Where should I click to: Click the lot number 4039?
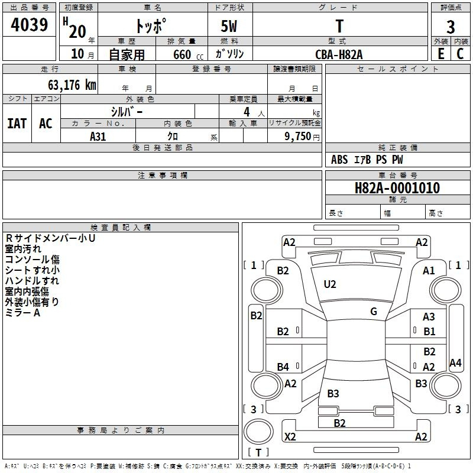(x=29, y=25)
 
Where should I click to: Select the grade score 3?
(x=451, y=27)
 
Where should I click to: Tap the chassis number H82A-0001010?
(x=397, y=188)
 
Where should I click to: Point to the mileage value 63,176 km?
(x=72, y=85)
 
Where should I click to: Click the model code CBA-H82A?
(x=339, y=54)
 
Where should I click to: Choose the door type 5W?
(x=229, y=26)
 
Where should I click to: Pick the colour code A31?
(x=98, y=137)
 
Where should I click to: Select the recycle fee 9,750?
(x=297, y=137)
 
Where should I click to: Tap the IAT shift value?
(x=17, y=124)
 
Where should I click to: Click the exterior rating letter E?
(x=441, y=54)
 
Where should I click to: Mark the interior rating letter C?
(x=460, y=54)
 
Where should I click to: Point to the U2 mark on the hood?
(x=330, y=284)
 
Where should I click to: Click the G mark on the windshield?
(x=374, y=312)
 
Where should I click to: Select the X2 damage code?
(x=290, y=437)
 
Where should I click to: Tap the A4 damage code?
(x=455, y=362)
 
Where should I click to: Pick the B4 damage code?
(x=283, y=367)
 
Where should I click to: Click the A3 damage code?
(x=429, y=317)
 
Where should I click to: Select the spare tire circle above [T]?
(x=258, y=432)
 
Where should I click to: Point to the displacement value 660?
(x=182, y=54)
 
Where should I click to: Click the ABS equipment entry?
(x=339, y=160)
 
